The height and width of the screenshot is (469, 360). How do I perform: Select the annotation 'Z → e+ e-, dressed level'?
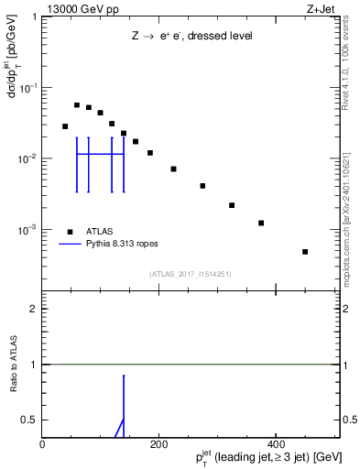191,36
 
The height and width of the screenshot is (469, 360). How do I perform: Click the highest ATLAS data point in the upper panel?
77,105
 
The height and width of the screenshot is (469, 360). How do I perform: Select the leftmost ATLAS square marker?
65,126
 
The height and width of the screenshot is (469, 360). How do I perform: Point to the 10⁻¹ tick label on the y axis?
28,88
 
